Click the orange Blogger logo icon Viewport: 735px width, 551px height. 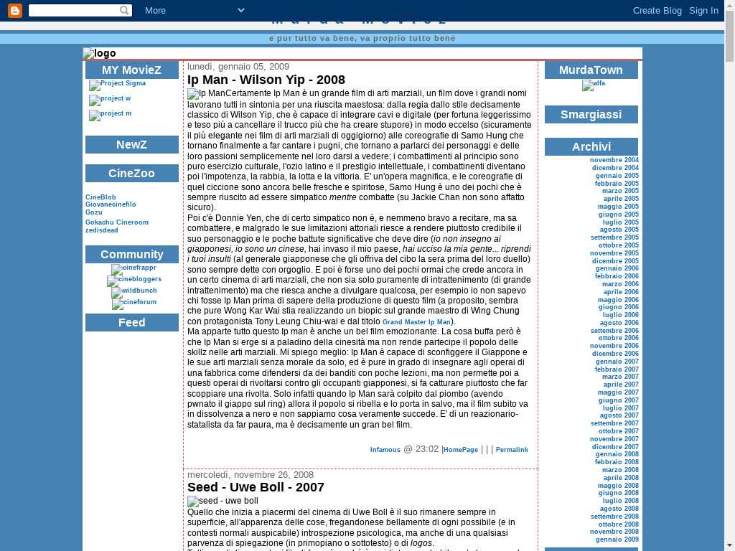(14, 10)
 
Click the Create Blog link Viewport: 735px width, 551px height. (657, 10)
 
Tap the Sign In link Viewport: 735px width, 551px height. (703, 10)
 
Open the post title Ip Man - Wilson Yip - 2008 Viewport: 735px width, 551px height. (266, 80)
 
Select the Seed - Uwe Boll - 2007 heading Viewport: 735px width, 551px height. (256, 487)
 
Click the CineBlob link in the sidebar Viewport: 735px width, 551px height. (100, 197)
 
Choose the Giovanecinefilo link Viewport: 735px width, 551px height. (111, 204)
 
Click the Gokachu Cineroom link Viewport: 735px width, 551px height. (117, 222)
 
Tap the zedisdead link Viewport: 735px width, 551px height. (102, 230)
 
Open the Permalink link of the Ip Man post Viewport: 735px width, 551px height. (512, 450)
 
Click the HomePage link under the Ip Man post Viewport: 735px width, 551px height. (461, 450)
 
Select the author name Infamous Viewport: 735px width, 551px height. (385, 450)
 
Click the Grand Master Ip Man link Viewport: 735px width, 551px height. (416, 322)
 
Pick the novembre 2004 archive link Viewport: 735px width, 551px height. (614, 160)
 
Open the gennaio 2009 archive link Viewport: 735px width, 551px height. (617, 540)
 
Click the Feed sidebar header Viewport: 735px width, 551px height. (132, 323)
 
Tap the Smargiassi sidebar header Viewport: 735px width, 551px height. (591, 115)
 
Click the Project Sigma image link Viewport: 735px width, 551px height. (118, 85)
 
